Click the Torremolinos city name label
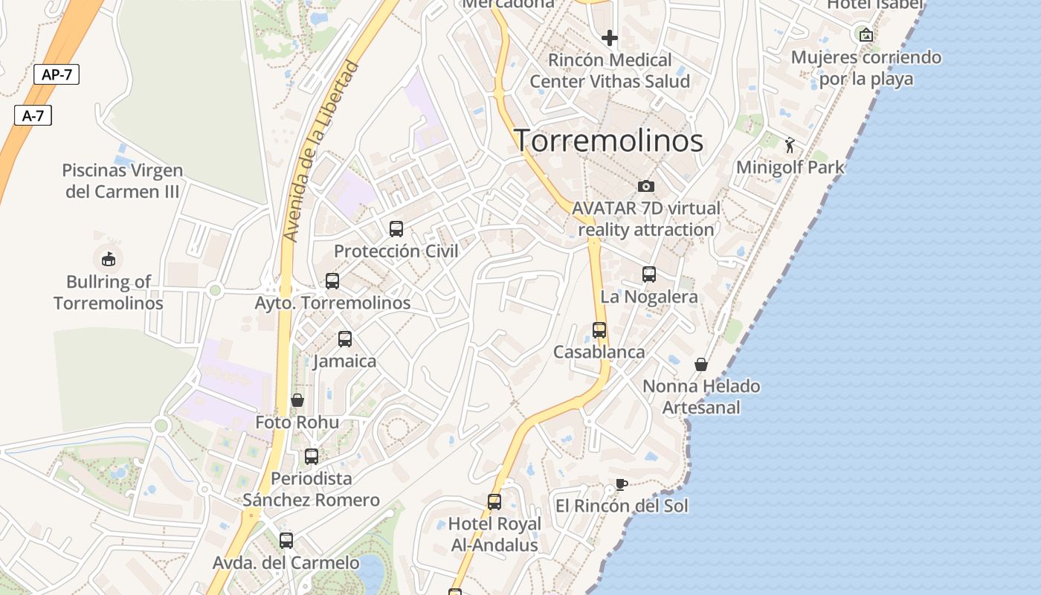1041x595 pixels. coord(609,140)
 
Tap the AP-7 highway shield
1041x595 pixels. coord(57,74)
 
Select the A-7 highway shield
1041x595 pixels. coord(33,115)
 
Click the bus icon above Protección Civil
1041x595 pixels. coord(396,228)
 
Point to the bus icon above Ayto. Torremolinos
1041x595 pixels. coord(332,280)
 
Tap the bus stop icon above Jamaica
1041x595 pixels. coord(345,338)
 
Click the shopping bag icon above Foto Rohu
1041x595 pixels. coord(297,400)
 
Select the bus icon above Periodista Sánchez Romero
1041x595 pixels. coord(312,456)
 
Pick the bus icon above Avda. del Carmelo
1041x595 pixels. coord(286,540)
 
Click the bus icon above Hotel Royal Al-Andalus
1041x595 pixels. coord(494,501)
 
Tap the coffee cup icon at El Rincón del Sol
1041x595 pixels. coord(622,485)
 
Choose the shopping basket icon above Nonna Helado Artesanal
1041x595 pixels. coord(700,364)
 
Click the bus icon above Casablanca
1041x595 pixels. coord(599,329)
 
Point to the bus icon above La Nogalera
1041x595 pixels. coord(649,274)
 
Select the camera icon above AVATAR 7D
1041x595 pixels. coord(646,186)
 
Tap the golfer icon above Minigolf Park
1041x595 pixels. coord(790,145)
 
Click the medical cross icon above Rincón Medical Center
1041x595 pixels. coord(610,37)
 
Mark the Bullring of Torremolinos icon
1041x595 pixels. coord(109,259)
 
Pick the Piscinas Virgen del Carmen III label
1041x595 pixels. coord(123,181)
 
